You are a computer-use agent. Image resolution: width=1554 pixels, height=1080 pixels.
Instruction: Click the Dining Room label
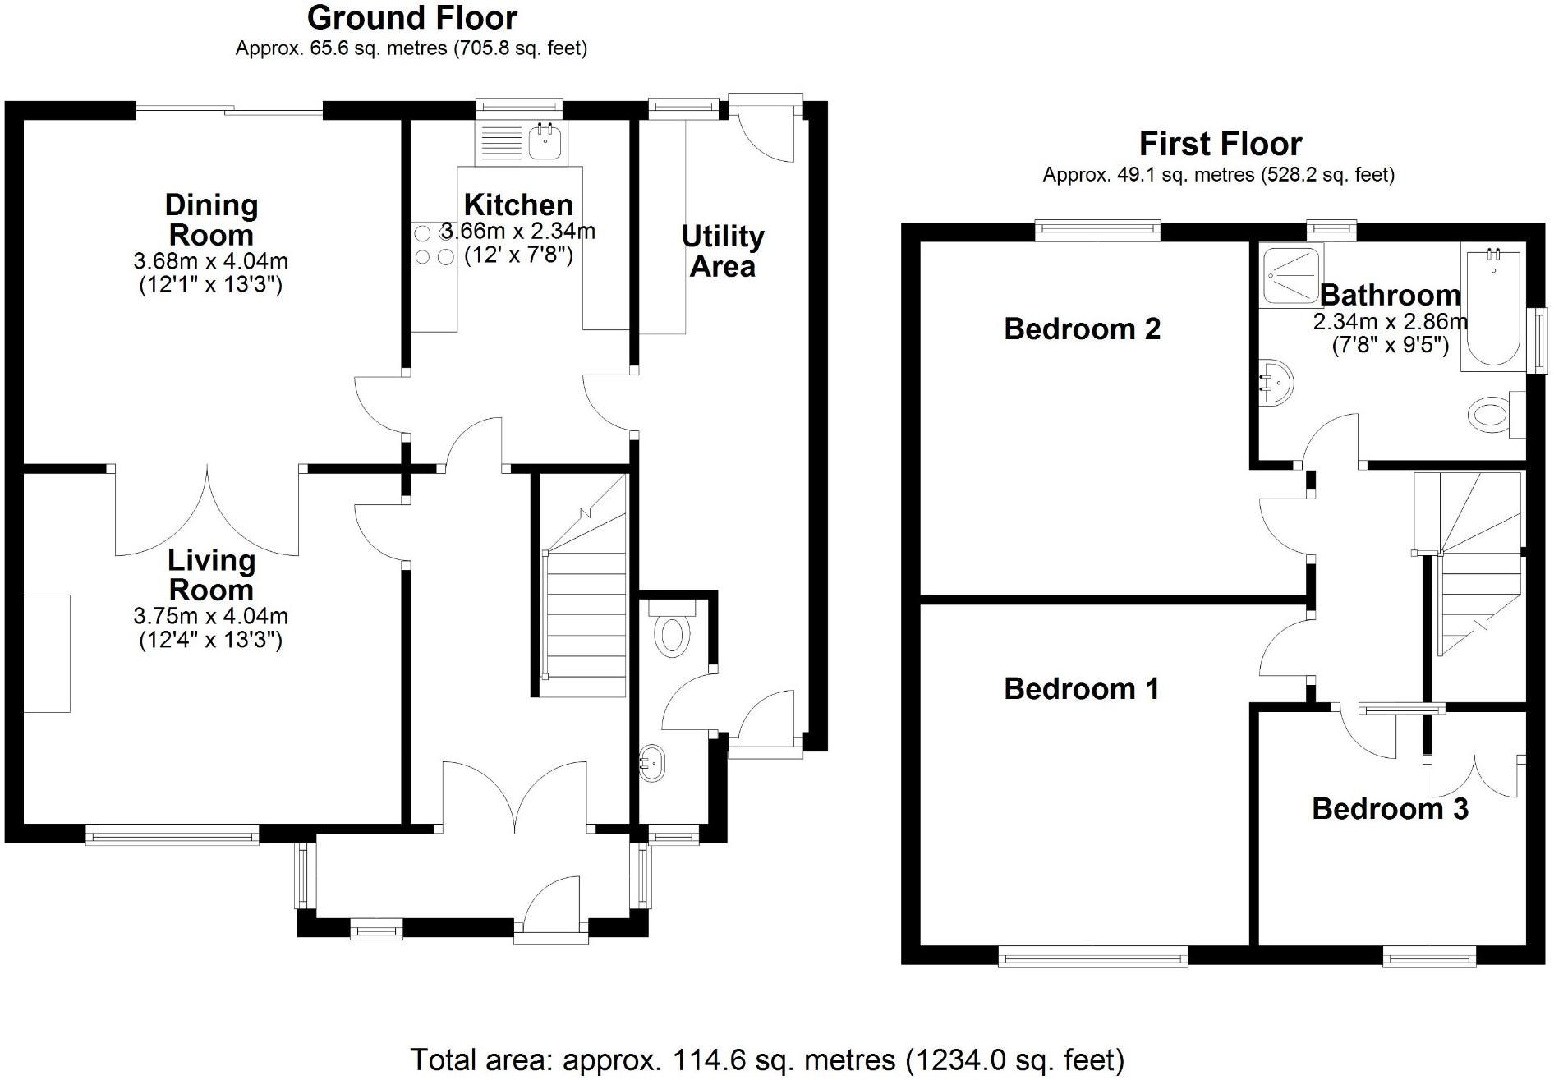(211, 220)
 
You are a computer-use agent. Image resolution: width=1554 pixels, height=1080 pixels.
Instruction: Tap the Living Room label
(211, 575)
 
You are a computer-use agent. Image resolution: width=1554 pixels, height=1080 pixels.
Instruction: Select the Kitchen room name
(518, 205)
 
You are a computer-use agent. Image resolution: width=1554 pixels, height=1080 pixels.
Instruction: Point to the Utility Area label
(723, 251)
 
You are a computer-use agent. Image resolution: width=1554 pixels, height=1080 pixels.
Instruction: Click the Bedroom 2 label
(1082, 329)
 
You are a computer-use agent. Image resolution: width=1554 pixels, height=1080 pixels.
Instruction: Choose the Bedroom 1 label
(1082, 688)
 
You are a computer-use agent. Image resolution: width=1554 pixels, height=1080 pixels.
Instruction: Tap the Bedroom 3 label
(1390, 808)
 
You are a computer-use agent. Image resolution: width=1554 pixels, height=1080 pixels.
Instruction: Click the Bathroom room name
(1390, 294)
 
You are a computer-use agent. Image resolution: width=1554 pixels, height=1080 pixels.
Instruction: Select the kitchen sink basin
(545, 142)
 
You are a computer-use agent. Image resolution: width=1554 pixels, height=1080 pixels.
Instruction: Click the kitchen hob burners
(434, 245)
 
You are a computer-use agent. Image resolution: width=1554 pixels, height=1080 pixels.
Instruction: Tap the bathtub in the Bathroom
(1493, 308)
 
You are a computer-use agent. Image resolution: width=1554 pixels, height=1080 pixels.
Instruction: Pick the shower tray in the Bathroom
(1290, 277)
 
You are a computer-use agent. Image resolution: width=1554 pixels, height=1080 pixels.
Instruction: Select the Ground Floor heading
(411, 18)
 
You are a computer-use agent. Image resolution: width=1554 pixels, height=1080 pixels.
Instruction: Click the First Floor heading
(1220, 145)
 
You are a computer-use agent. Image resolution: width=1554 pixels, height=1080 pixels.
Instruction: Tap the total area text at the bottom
(767, 1059)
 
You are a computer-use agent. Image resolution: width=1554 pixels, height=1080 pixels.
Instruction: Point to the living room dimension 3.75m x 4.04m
(211, 616)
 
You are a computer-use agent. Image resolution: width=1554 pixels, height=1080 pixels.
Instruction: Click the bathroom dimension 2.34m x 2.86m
(1390, 321)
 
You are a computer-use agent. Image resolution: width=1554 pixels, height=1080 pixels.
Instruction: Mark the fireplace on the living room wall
(47, 654)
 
